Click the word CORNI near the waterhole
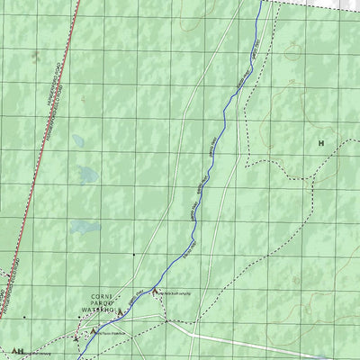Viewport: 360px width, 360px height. (100, 296)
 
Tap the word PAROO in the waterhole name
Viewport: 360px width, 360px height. (100, 303)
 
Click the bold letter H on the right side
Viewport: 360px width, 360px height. (320, 142)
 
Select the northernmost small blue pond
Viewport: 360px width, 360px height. (79, 141)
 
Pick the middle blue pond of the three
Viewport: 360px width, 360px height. (88, 174)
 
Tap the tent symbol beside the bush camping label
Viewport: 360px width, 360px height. (154, 292)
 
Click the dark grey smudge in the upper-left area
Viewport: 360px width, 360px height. (35, 56)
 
